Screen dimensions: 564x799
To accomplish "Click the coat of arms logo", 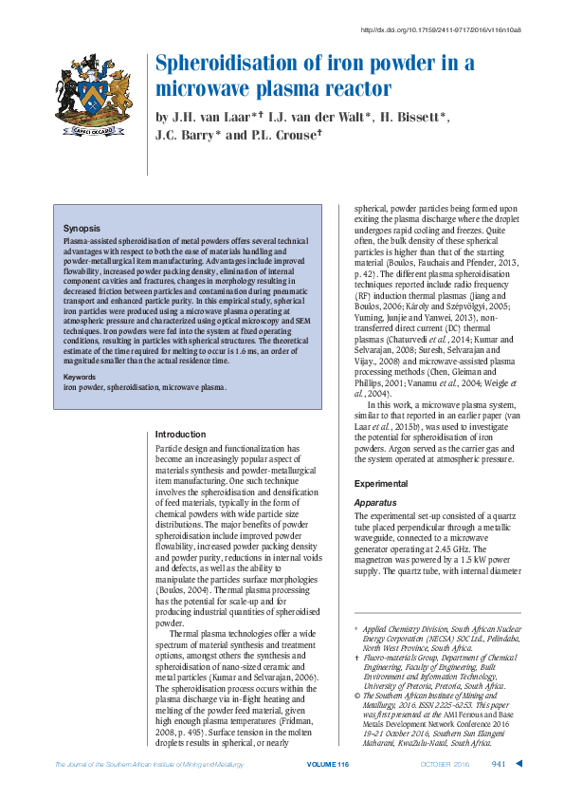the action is coord(91,94).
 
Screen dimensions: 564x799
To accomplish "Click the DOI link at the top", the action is coord(442,29).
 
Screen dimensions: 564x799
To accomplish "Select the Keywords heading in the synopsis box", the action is coord(82,377).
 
